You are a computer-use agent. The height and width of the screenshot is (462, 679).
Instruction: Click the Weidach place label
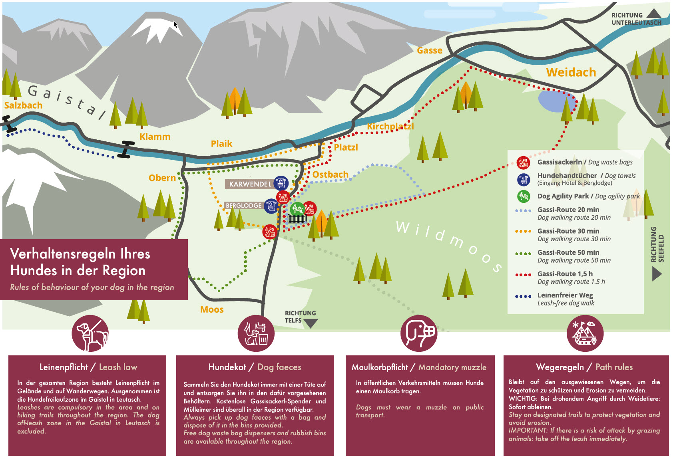(x=571, y=72)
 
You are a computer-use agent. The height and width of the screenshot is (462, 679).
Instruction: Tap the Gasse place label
(x=429, y=50)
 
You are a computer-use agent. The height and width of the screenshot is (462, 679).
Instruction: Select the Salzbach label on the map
(x=23, y=105)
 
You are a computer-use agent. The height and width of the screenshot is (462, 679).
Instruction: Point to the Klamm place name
(x=155, y=137)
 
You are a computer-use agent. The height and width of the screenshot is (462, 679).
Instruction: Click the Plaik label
(x=221, y=144)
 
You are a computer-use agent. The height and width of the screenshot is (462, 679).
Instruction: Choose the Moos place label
(x=212, y=309)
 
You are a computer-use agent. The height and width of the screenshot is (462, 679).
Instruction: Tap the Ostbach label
(x=330, y=174)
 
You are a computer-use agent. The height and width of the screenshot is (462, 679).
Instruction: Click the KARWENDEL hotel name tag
(x=250, y=184)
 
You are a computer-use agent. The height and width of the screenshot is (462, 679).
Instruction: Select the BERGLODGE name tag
(x=243, y=206)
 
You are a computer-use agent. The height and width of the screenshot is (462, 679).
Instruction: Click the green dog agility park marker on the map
(x=297, y=208)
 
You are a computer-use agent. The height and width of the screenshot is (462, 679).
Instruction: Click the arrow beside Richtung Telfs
(x=311, y=323)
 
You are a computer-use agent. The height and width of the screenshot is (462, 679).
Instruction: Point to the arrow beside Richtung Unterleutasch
(x=653, y=14)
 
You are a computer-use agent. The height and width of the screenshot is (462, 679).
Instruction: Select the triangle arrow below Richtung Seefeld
(x=657, y=274)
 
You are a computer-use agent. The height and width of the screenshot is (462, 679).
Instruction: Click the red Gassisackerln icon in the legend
(x=523, y=163)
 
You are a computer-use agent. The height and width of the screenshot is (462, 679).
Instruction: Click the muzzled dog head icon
(x=419, y=333)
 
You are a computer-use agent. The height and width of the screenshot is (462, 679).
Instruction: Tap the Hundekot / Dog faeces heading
(x=255, y=367)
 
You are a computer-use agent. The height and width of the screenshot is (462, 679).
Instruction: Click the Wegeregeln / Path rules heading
(x=584, y=367)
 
